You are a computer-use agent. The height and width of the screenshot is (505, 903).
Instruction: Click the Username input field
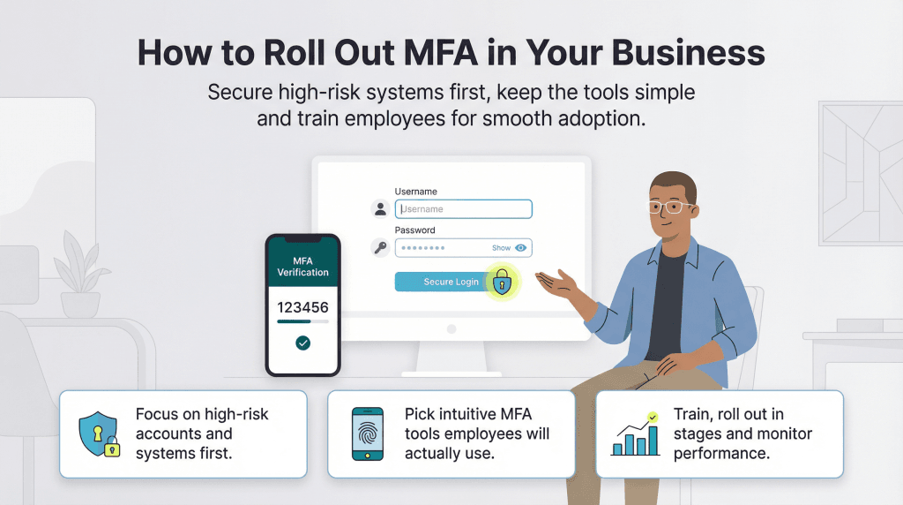(x=463, y=209)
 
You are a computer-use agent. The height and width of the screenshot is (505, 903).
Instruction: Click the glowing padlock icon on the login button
(x=502, y=282)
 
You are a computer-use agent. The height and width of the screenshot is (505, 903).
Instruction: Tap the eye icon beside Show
(x=521, y=248)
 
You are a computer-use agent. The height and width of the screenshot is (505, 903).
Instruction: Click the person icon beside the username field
(x=380, y=209)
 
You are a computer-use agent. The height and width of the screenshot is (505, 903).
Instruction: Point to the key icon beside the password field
(x=380, y=248)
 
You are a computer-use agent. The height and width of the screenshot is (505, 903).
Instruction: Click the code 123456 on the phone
(x=302, y=308)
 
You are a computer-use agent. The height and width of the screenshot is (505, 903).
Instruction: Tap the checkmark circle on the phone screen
(x=303, y=343)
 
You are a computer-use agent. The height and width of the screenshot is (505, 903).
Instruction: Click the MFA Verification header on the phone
(x=302, y=267)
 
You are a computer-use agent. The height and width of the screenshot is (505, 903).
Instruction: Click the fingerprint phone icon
(x=367, y=433)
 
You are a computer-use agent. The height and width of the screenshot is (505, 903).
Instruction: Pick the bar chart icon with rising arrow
(x=635, y=434)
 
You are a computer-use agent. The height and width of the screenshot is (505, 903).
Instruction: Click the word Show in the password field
(x=501, y=248)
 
